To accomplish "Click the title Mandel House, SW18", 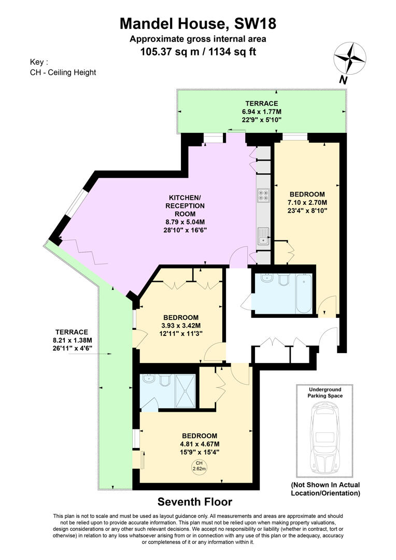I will pyautogui.click(x=198, y=23).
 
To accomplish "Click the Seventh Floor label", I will pyautogui.click(x=194, y=502).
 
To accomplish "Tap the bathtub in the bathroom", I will pyautogui.click(x=303, y=294).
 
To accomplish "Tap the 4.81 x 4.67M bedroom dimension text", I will pyautogui.click(x=200, y=444).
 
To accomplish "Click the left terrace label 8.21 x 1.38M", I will pyautogui.click(x=73, y=341).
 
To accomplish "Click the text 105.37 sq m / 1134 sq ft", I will pyautogui.click(x=198, y=51).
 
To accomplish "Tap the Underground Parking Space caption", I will pyautogui.click(x=326, y=393).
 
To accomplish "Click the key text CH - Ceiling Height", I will pyautogui.click(x=63, y=73).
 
